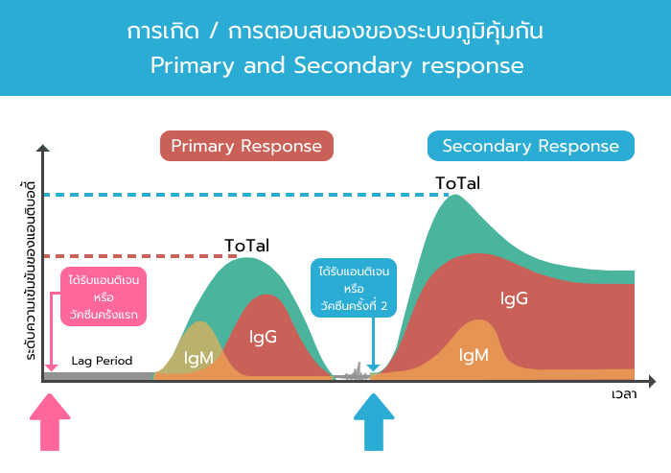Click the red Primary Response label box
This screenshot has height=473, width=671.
point(246,146)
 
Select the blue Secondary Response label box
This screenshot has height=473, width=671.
point(531,146)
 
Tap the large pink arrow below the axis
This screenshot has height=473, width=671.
point(50,422)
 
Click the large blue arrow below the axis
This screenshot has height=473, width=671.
point(374,422)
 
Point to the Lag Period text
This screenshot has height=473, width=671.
point(102,361)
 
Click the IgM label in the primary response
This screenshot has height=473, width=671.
point(198,358)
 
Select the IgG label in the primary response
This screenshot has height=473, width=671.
point(263,337)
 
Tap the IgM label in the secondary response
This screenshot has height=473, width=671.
point(474,355)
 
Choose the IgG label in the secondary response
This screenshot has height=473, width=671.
point(514,298)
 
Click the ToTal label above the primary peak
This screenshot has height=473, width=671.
point(247,246)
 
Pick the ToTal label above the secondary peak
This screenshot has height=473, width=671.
point(458,183)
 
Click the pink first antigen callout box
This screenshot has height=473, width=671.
point(104,296)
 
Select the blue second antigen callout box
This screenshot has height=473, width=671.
point(354,288)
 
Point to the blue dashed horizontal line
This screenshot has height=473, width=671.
point(246,195)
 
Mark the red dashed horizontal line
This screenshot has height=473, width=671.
point(141,256)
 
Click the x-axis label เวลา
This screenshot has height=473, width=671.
point(624,394)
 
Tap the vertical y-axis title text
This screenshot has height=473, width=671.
point(30,271)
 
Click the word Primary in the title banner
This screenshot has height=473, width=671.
point(193,66)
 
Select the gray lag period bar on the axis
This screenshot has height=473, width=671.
point(99,377)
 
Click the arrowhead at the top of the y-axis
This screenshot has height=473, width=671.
point(43,149)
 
